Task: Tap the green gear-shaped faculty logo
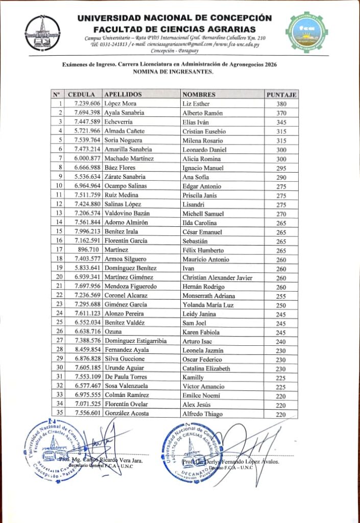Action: [307, 31]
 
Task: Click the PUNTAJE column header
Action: [282, 94]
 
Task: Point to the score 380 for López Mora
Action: [281, 104]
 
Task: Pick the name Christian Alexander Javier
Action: [217, 277]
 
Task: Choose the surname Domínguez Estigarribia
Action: [135, 341]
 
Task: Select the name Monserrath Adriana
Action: [209, 296]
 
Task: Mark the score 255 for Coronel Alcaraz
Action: [281, 296]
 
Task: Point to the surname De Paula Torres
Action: [125, 377]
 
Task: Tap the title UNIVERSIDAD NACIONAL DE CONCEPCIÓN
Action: [175, 18]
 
